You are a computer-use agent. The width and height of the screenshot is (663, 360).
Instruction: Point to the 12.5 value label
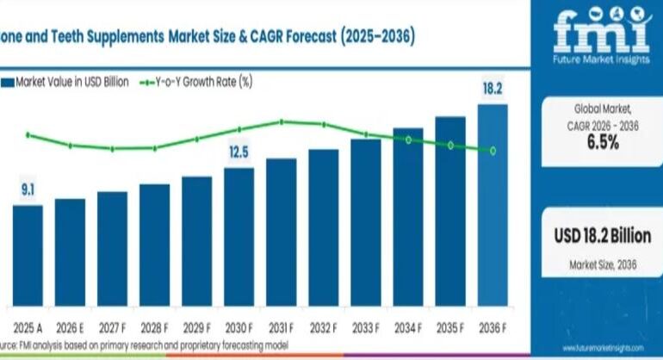(239, 152)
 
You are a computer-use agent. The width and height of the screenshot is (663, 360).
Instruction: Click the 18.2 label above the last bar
(493, 89)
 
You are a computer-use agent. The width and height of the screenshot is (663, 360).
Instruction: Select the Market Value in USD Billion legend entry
(67, 82)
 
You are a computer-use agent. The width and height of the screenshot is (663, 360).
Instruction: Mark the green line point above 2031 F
(282, 121)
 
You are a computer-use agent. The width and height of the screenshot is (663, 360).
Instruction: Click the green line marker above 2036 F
(493, 151)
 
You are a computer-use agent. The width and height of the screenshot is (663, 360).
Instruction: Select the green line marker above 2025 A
(28, 134)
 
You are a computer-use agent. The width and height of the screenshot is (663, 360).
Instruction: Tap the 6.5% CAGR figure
(603, 143)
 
